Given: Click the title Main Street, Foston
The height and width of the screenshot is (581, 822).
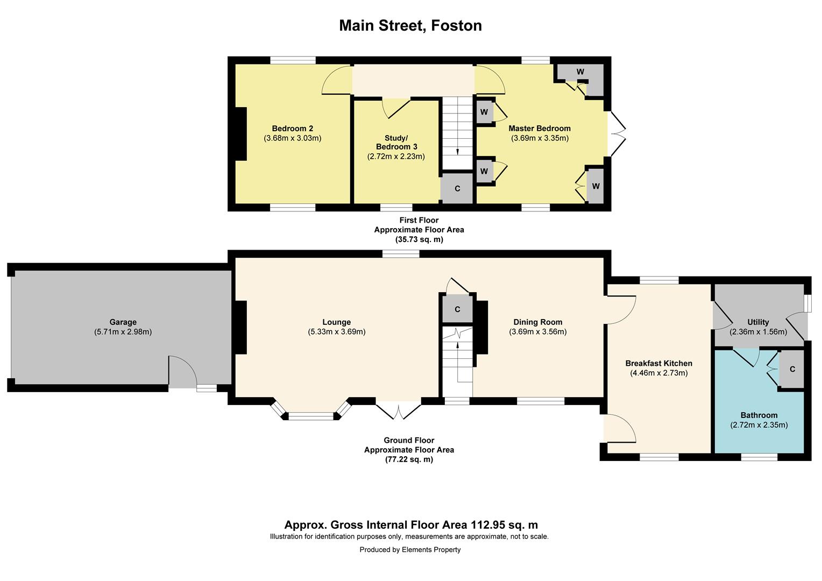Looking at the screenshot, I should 410,25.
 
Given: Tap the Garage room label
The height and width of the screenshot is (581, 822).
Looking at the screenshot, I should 123,322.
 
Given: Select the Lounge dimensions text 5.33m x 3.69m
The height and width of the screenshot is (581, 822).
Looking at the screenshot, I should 336,332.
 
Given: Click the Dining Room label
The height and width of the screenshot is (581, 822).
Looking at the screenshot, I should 537,322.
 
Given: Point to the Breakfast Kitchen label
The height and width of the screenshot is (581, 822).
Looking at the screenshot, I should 658,363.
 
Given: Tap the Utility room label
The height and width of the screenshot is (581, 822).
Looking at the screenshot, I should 758,322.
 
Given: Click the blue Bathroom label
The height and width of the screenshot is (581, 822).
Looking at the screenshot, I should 759,415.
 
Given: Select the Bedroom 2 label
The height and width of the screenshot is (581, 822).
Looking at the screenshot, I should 292,129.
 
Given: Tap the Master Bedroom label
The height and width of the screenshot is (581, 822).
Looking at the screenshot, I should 539,129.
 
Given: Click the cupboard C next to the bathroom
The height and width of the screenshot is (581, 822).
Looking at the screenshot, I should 792,369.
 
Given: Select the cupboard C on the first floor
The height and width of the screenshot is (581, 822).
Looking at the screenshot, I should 457,189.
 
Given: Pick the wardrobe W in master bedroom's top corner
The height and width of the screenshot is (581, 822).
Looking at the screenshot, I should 580,72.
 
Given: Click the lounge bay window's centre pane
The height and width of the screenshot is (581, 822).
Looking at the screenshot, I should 311,416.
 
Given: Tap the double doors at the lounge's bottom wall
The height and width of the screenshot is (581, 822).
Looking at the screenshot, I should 398,410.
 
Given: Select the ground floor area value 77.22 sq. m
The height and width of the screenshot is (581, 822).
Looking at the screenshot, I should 409,459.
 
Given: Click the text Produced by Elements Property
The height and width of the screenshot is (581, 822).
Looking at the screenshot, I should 410,550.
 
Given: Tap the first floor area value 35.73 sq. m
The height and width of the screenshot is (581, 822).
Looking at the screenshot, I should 419,239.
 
